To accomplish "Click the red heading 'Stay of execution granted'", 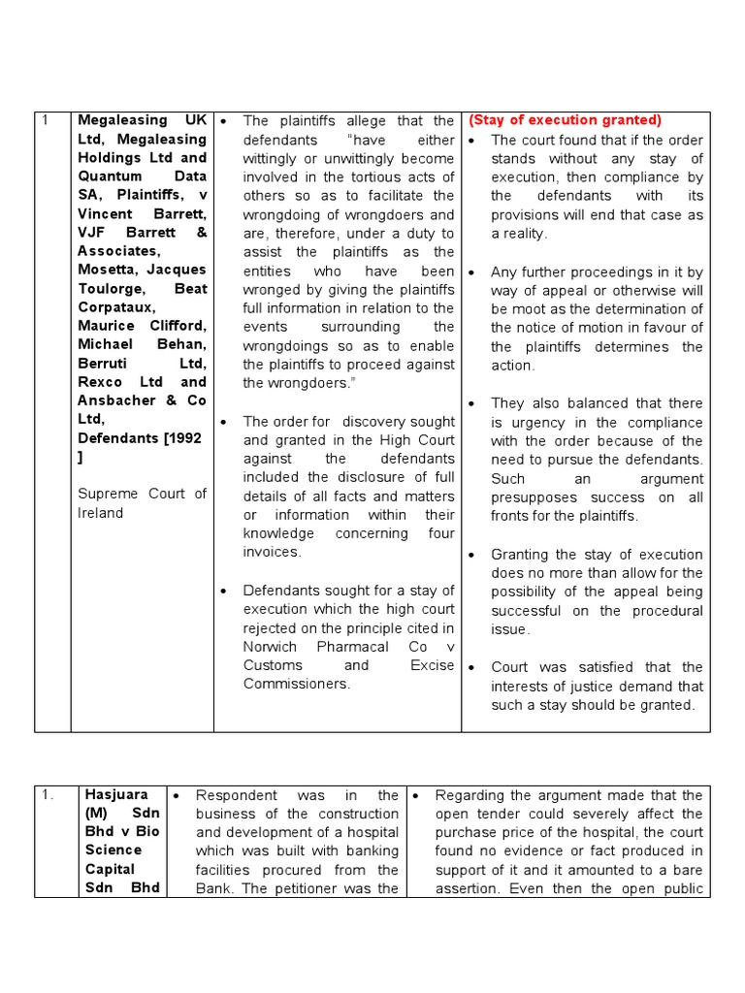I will (x=565, y=120).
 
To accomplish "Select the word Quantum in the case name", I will (x=111, y=176).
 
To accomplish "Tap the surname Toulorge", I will (x=109, y=289).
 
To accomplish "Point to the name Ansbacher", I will (x=122, y=400).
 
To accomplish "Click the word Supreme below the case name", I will (x=108, y=494).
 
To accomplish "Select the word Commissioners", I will (x=296, y=684).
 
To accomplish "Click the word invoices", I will (x=273, y=552).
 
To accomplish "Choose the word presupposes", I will (x=533, y=497).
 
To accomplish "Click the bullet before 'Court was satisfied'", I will (x=471, y=668).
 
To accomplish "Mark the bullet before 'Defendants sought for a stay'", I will (x=223, y=591).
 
